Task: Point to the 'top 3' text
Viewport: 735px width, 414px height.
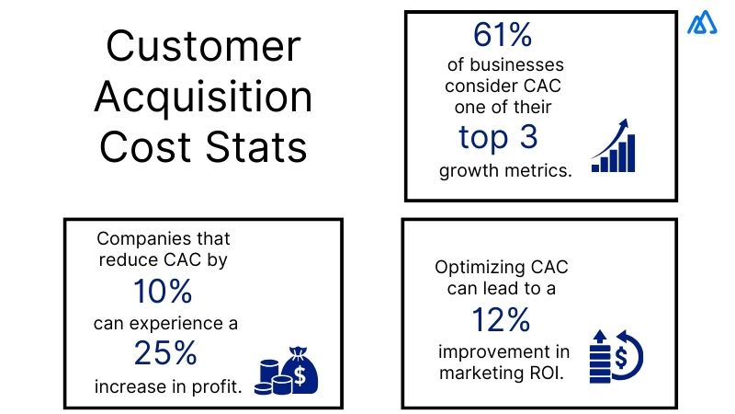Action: click(497, 137)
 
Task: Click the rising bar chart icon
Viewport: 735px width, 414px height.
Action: click(614, 146)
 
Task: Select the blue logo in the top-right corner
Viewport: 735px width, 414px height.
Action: click(702, 24)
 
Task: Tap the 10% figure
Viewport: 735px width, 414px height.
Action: click(162, 293)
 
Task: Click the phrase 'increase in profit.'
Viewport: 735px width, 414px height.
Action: click(169, 385)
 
